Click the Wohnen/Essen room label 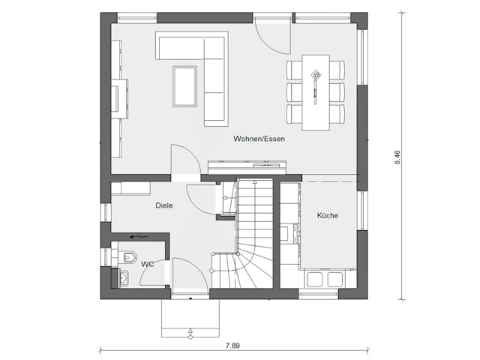[x=259, y=139]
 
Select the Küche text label [x=327, y=215]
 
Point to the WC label [x=148, y=263]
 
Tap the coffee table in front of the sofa [x=185, y=87]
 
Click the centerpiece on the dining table [x=316, y=75]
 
